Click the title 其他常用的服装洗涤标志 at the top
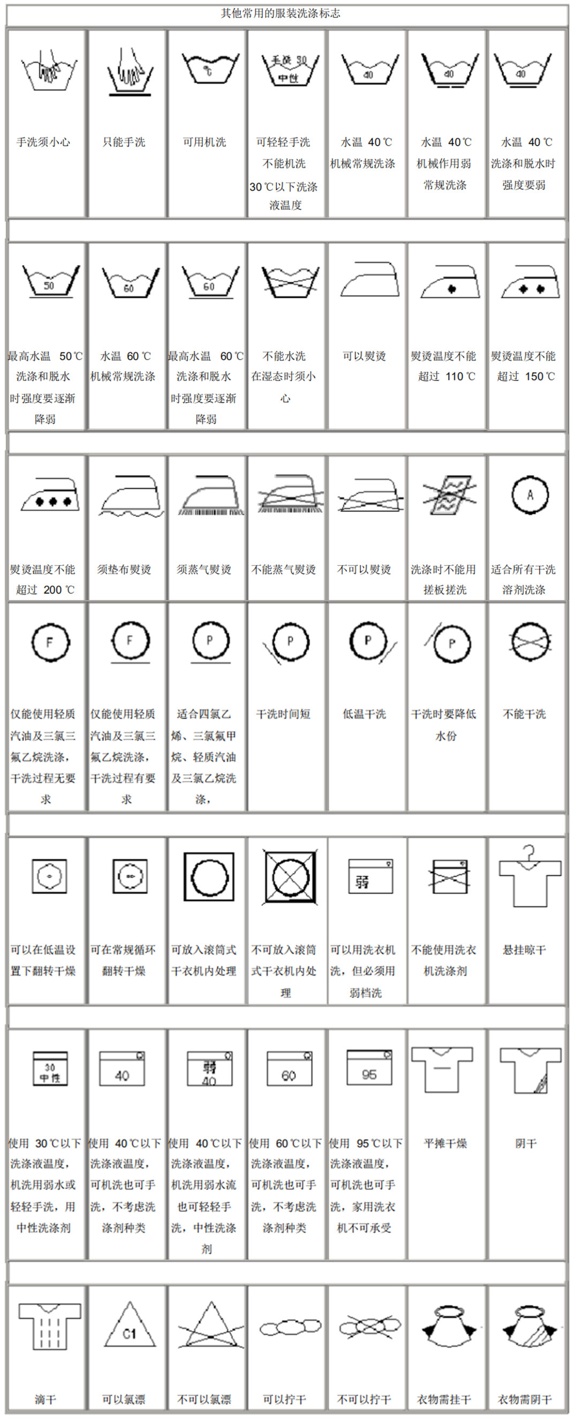pos(280,13)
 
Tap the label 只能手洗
pos(124,143)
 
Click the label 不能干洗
pos(524,714)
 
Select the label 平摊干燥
pos(444,1143)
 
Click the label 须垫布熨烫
pos(124,569)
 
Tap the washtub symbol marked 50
pos(50,281)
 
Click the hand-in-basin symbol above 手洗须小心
pos(49,69)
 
